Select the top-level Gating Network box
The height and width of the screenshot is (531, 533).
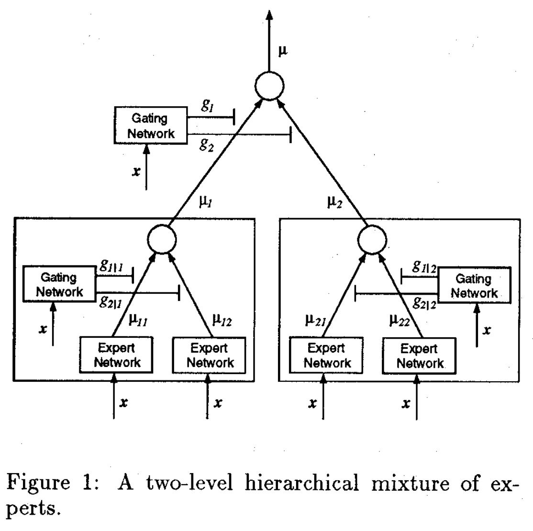click(x=151, y=125)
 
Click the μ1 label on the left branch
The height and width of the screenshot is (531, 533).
click(x=206, y=202)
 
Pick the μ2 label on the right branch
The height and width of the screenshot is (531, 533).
click(x=335, y=202)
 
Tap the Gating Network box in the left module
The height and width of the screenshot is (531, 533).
click(x=59, y=285)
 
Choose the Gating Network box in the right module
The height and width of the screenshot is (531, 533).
click(x=474, y=286)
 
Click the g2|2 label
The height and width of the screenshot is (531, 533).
click(x=424, y=303)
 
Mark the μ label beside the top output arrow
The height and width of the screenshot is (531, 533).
click(x=283, y=49)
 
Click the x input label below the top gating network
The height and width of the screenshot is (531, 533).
click(x=136, y=171)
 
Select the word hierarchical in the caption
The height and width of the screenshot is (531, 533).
click(x=301, y=484)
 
